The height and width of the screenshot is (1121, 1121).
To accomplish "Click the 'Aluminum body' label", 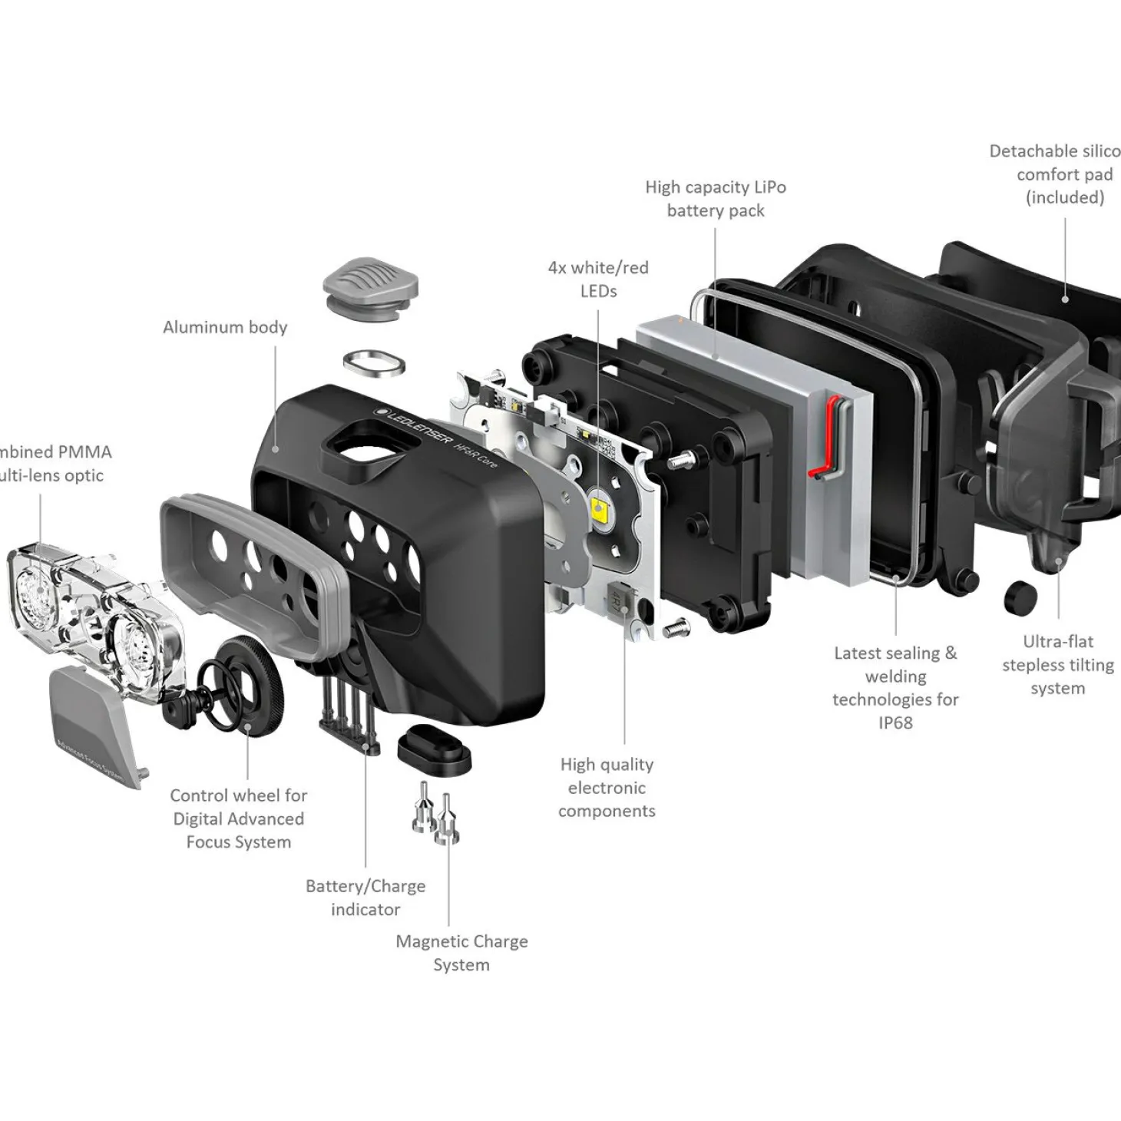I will [x=225, y=327].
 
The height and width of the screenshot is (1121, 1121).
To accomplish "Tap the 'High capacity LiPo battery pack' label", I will [x=716, y=199].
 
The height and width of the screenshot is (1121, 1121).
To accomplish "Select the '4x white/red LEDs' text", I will [x=598, y=279].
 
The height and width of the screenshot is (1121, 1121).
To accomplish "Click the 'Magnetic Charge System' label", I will [x=461, y=953].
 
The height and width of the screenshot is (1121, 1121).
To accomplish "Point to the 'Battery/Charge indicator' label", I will [x=365, y=898].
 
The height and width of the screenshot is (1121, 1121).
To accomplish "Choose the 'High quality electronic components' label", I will [x=607, y=788].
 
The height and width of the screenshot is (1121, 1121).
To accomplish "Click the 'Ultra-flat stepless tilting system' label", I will [x=1057, y=665].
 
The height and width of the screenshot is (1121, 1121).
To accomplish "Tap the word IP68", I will [x=895, y=723].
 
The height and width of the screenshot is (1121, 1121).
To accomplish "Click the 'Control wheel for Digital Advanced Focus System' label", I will [x=238, y=818].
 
